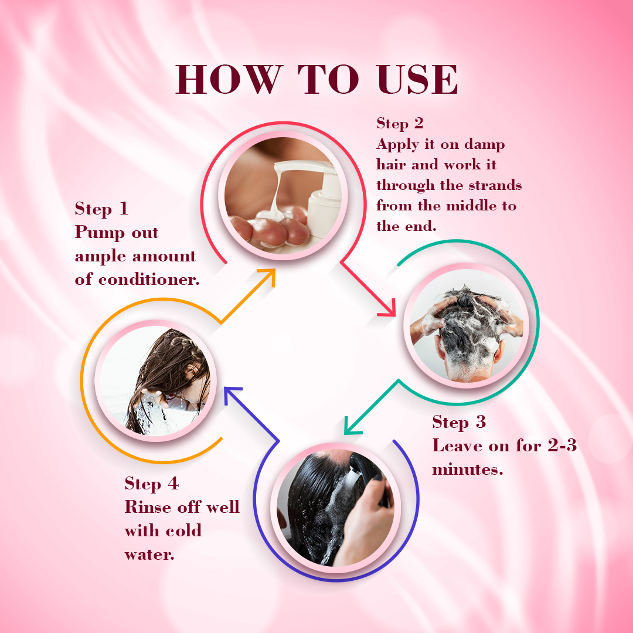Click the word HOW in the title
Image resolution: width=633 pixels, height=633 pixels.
pos(229,79)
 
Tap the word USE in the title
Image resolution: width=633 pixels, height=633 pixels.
pos(417,79)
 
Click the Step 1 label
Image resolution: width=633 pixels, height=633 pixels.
pos(102,209)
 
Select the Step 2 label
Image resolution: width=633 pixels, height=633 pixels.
pos(400,123)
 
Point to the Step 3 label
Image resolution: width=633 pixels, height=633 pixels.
pos(459,422)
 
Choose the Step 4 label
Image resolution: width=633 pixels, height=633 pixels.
pos(152,484)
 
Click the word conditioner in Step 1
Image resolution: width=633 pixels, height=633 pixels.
pos(149,279)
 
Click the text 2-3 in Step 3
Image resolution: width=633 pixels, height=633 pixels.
pos(562,445)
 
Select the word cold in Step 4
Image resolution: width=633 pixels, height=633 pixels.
pos(183,530)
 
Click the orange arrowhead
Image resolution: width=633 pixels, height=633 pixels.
pos(267,278)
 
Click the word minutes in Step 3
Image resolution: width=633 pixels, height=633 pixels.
pos(468,469)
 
